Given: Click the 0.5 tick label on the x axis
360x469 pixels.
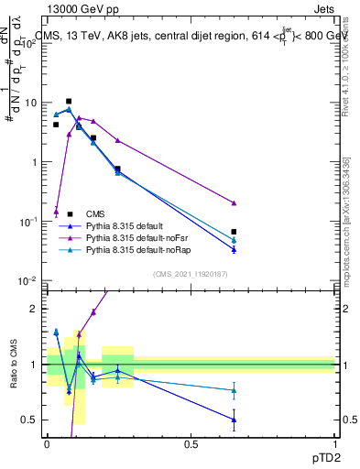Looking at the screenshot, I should click(191, 443).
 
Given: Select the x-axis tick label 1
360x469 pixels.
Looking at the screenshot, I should click(334, 443).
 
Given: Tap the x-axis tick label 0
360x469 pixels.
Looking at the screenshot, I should click(47, 443).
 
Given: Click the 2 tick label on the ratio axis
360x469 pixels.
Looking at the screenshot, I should click(34, 309).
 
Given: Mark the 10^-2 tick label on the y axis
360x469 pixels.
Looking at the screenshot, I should click(27, 280).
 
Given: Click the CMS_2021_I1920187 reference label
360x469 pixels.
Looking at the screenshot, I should click(191, 273).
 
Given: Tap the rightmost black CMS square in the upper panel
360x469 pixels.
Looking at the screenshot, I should click(235, 232).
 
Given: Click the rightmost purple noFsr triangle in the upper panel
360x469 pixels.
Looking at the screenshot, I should click(235, 202).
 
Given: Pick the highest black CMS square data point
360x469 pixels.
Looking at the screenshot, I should click(69, 102).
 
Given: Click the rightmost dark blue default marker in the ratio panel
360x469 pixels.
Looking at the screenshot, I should click(235, 420).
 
